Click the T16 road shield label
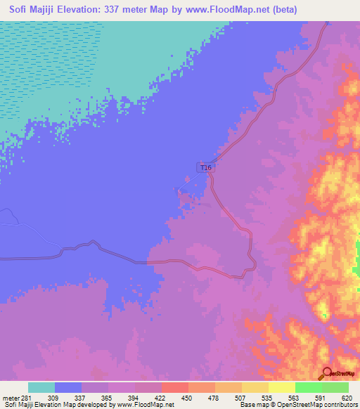pyautogui.click(x=205, y=167)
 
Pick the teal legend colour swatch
pyautogui.click(x=41, y=387)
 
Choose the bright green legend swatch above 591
pyautogui.click(x=309, y=387)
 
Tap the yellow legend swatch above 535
pyautogui.click(x=255, y=387)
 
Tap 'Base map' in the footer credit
pyautogui.click(x=252, y=405)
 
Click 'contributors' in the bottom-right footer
pyautogui.click(x=340, y=405)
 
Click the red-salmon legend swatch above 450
pyautogui.click(x=175, y=387)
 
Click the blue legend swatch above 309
pyautogui.click(x=68, y=387)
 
